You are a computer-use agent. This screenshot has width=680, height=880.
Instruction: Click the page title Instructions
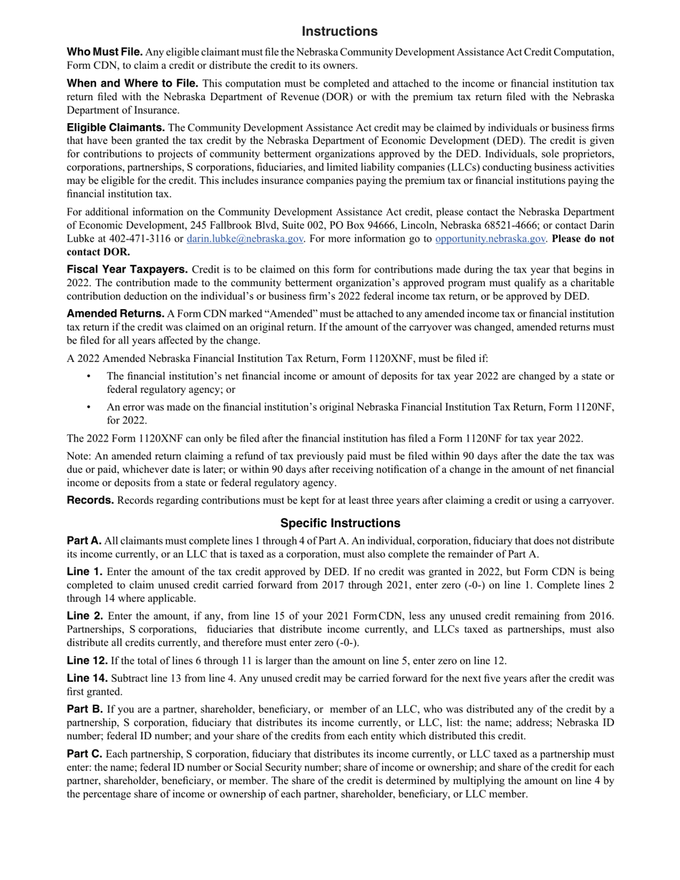pyautogui.click(x=339, y=31)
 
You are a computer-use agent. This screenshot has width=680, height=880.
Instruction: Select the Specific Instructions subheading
pyautogui.click(x=340, y=523)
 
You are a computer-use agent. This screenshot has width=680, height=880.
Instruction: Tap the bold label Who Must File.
pyautogui.click(x=105, y=52)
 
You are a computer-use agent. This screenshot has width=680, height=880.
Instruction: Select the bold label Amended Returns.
pyautogui.click(x=115, y=314)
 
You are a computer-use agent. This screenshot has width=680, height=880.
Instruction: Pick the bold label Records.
pyautogui.click(x=90, y=501)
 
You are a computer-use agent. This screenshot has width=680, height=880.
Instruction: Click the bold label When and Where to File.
pyautogui.click(x=132, y=84)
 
